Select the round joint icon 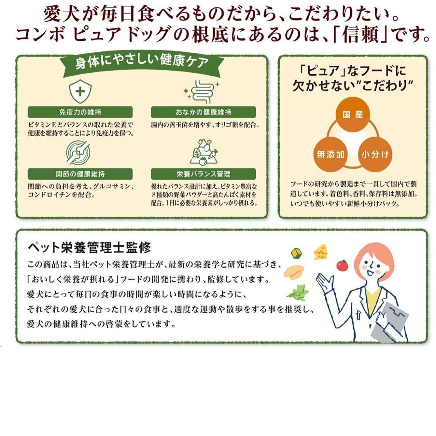78,152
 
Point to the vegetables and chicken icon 203,152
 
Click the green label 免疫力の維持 80,112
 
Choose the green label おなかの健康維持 203,112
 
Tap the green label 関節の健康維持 80,174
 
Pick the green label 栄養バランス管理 203,174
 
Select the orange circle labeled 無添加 330,154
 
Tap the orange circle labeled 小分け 375,154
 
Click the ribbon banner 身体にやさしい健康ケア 142,63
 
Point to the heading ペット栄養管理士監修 89,248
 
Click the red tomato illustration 342,265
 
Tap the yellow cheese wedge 321,252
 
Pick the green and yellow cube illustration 296,253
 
